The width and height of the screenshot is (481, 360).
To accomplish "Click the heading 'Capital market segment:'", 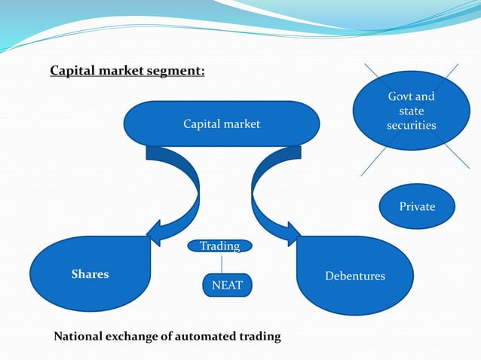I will coord(127,72).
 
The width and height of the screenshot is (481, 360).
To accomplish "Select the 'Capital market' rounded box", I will coord(221,124).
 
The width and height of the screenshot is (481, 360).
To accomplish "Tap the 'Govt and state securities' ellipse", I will coord(411,111).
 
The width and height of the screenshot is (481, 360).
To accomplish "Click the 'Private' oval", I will coord(417,206).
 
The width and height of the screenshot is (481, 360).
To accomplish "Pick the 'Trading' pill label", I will coord(219,246).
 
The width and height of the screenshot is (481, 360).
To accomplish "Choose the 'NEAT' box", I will coord(227,285).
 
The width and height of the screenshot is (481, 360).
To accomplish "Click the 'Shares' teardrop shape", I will coord(90,275).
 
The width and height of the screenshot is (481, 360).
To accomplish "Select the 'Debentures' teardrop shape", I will coord(354,276).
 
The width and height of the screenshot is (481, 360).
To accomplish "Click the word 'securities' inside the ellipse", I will coord(411,126).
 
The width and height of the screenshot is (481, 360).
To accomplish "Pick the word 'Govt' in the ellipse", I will coord(400,97).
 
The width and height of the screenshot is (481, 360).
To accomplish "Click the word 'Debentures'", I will coord(354,276).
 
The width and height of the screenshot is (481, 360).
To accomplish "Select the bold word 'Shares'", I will coord(90,275).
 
